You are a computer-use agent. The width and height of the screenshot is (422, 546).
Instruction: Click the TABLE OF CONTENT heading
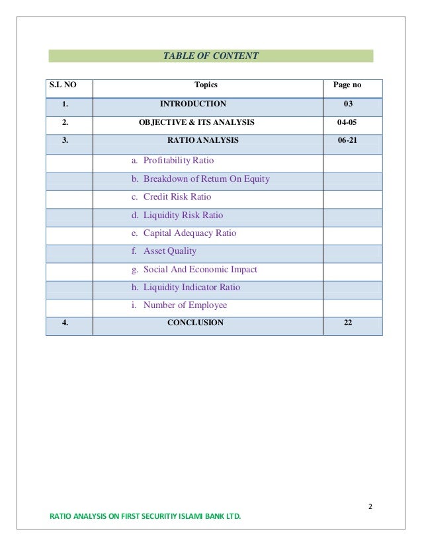[210, 56]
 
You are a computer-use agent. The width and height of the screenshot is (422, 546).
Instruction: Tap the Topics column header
[206, 85]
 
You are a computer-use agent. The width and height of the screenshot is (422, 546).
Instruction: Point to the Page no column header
[347, 85]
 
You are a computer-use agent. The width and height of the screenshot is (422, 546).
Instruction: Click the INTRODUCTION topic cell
[192, 104]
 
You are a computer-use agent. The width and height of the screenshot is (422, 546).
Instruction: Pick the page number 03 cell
[349, 104]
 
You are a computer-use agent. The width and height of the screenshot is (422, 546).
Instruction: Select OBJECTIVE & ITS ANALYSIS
[196, 122]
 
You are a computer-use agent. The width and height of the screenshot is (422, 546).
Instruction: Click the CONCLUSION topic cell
[195, 323]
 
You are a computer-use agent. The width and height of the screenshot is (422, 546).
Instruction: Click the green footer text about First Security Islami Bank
[146, 516]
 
